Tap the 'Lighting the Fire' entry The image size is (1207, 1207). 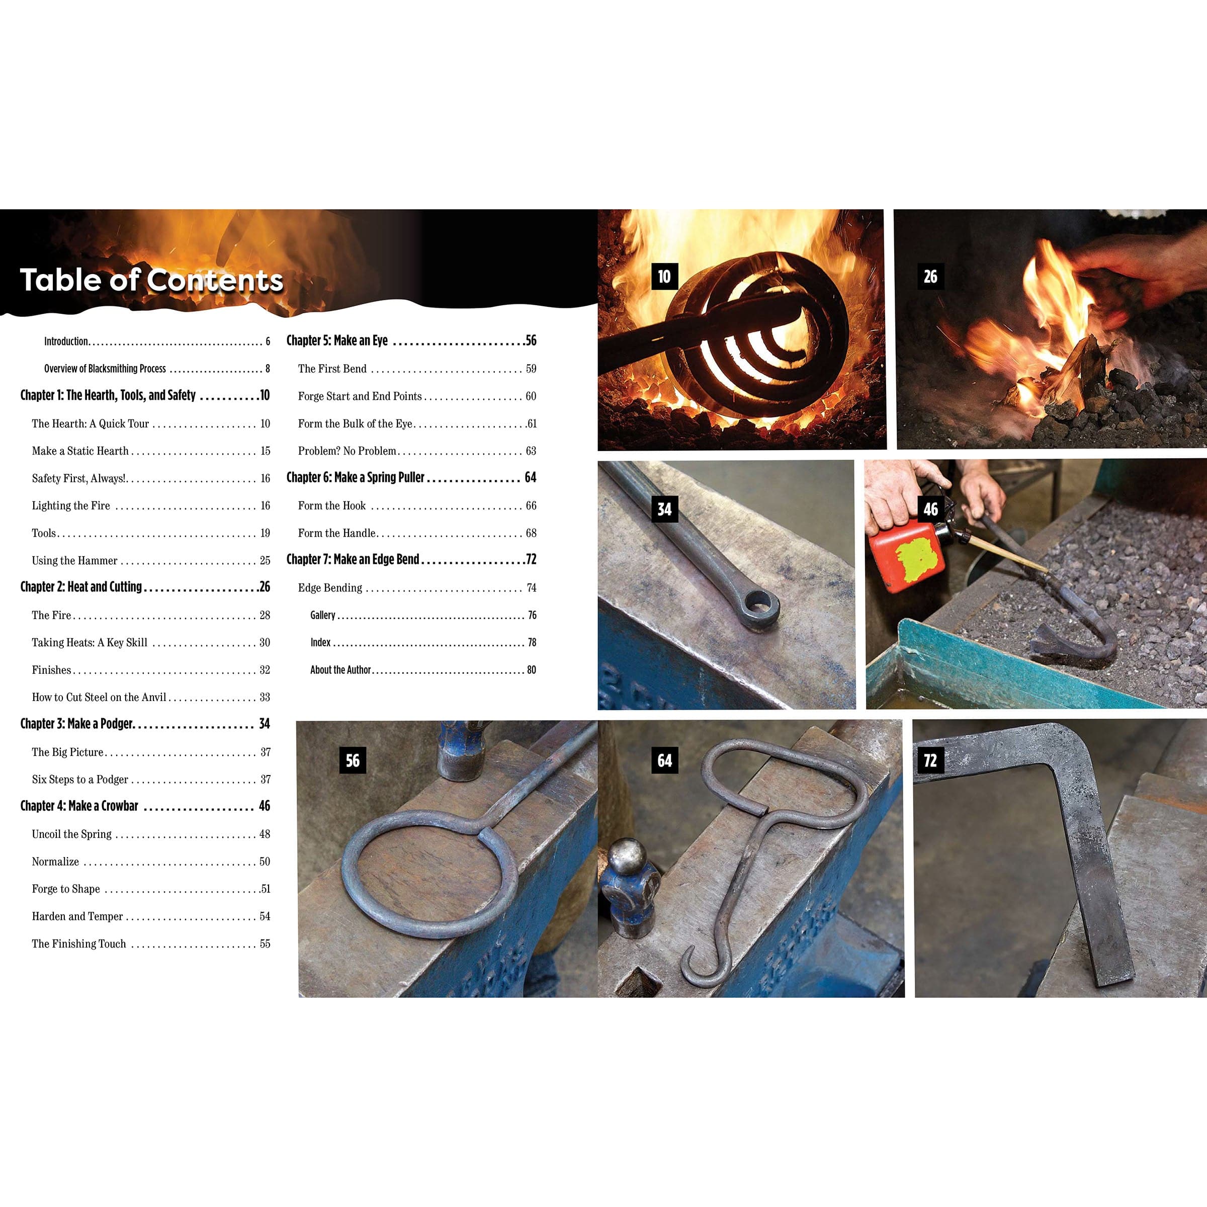pyautogui.click(x=70, y=505)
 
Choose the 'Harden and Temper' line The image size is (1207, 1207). pyautogui.click(x=77, y=916)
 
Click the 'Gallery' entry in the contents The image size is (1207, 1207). pyautogui.click(x=323, y=616)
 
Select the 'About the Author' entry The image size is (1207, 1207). pyautogui.click(x=340, y=670)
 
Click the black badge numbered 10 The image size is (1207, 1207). pyautogui.click(x=664, y=276)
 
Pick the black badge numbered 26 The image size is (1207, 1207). pyautogui.click(x=930, y=276)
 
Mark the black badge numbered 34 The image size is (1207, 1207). pyautogui.click(x=664, y=509)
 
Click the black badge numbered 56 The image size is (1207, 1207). pyautogui.click(x=353, y=760)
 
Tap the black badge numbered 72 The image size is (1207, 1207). pyautogui.click(x=930, y=760)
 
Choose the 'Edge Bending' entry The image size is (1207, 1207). pyautogui.click(x=330, y=588)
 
